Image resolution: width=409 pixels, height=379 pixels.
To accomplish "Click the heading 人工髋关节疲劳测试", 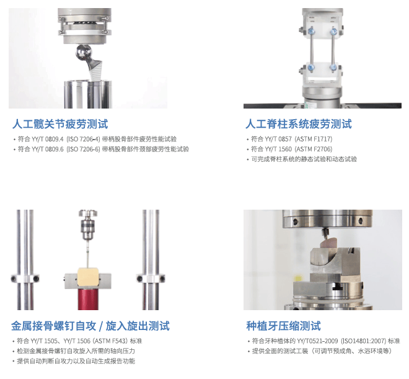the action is point(60,124).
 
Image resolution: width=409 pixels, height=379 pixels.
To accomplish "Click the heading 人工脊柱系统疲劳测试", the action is point(299,124).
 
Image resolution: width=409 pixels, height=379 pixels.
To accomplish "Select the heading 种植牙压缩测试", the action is point(284,326).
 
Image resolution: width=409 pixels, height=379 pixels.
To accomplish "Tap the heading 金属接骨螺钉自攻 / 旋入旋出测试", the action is point(90,326).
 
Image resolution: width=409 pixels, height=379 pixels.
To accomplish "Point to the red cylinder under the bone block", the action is point(88,299).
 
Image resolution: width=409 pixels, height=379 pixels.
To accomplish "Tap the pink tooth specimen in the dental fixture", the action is point(328,243).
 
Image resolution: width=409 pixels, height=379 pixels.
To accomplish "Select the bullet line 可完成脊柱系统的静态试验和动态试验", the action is point(304,159).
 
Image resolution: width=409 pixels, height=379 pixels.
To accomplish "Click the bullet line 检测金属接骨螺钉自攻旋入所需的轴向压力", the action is point(76,351).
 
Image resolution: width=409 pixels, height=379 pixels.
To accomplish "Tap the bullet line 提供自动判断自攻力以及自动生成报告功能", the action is point(76,361).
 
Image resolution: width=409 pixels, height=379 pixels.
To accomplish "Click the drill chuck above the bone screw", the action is point(88,225).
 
